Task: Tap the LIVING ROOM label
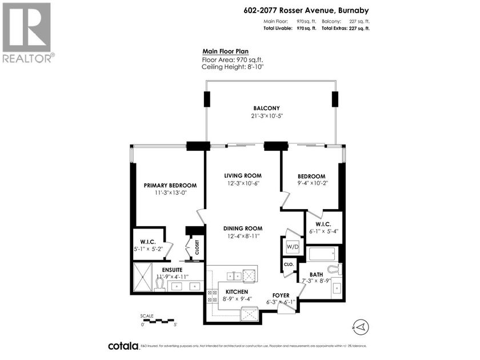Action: coord(242,175)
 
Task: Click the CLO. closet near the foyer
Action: coord(289,265)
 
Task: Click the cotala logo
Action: coord(123,346)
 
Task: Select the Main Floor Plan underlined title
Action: coord(227,51)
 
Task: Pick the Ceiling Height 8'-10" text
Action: coord(232,67)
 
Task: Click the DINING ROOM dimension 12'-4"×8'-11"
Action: coord(243,236)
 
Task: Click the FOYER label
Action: coord(282,295)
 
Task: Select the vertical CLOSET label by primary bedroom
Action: coord(197,247)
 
